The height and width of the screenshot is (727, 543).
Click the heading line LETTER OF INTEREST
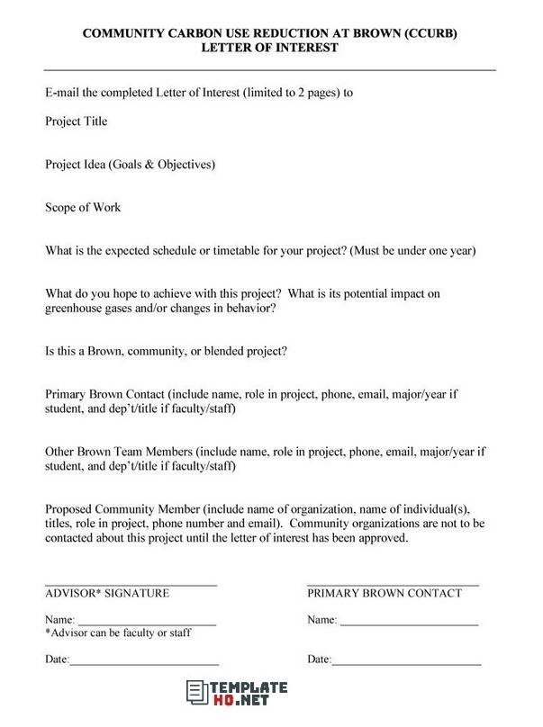coord(270,47)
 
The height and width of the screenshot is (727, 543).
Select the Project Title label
coord(77,121)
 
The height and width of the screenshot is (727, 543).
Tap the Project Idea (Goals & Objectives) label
coord(130,164)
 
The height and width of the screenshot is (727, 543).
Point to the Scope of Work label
coord(83,207)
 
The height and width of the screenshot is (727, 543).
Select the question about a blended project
coord(173,351)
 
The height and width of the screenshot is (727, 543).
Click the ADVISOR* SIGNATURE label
coord(107,593)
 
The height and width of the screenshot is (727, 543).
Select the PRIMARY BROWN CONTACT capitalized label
coord(385,593)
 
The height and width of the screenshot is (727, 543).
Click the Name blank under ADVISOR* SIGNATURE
coord(147,621)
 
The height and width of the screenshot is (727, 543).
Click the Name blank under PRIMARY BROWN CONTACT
coord(408,621)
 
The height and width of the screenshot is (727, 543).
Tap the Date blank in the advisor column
coord(144,660)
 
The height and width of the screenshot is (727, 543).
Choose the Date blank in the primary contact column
coord(406,660)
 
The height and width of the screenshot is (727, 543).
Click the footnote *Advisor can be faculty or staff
coord(118,633)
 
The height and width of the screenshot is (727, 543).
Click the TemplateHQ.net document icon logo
coord(194,694)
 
